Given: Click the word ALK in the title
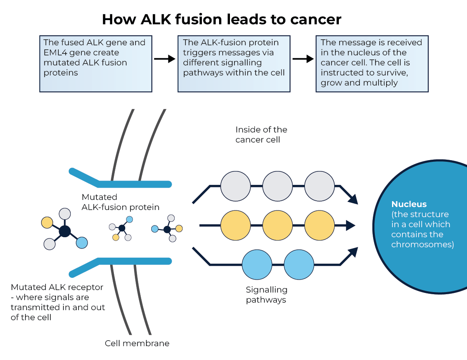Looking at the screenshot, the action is tap(156, 19).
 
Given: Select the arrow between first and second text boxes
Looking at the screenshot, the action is tap(165, 59).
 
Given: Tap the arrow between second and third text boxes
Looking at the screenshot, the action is tap(303, 59).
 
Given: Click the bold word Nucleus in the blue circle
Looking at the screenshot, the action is tap(409, 204).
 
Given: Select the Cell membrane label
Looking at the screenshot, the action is tap(137, 343).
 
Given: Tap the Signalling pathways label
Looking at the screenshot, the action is tap(266, 295).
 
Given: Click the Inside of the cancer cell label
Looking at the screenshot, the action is tap(261, 135).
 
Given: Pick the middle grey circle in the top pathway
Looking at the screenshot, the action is tap(278, 186).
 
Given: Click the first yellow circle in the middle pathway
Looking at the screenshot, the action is tap(235, 225).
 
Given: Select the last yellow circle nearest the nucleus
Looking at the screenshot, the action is tap(320, 225).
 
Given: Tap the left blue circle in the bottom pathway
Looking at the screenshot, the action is tap(257, 264).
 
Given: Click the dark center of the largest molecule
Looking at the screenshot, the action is tap(65, 231).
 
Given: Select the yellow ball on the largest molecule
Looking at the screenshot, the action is tap(47, 223).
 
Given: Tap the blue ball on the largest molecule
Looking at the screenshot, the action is tap(82, 243).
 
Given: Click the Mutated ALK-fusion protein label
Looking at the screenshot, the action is tap(120, 202).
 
